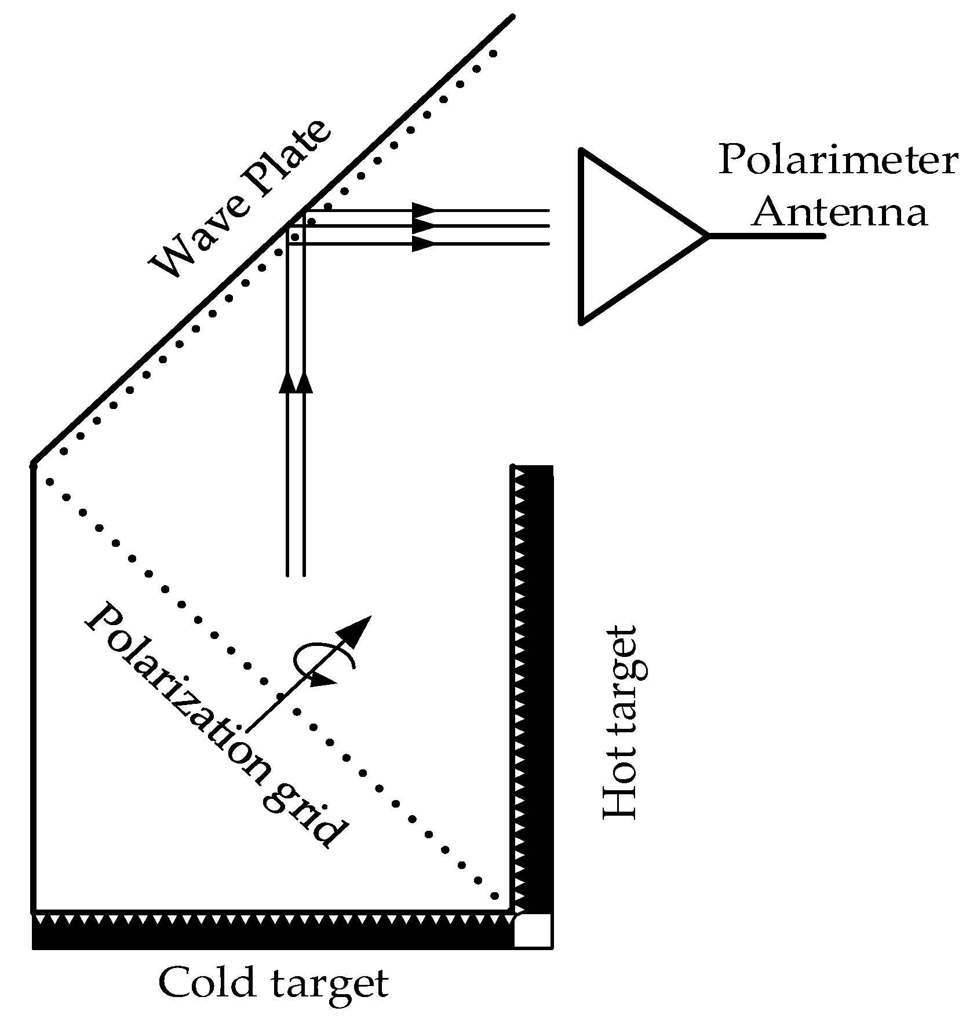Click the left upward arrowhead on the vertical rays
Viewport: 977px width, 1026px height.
tap(287, 382)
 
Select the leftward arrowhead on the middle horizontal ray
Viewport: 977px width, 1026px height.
tap(426, 226)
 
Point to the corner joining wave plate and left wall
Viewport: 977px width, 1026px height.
tap(34, 463)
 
